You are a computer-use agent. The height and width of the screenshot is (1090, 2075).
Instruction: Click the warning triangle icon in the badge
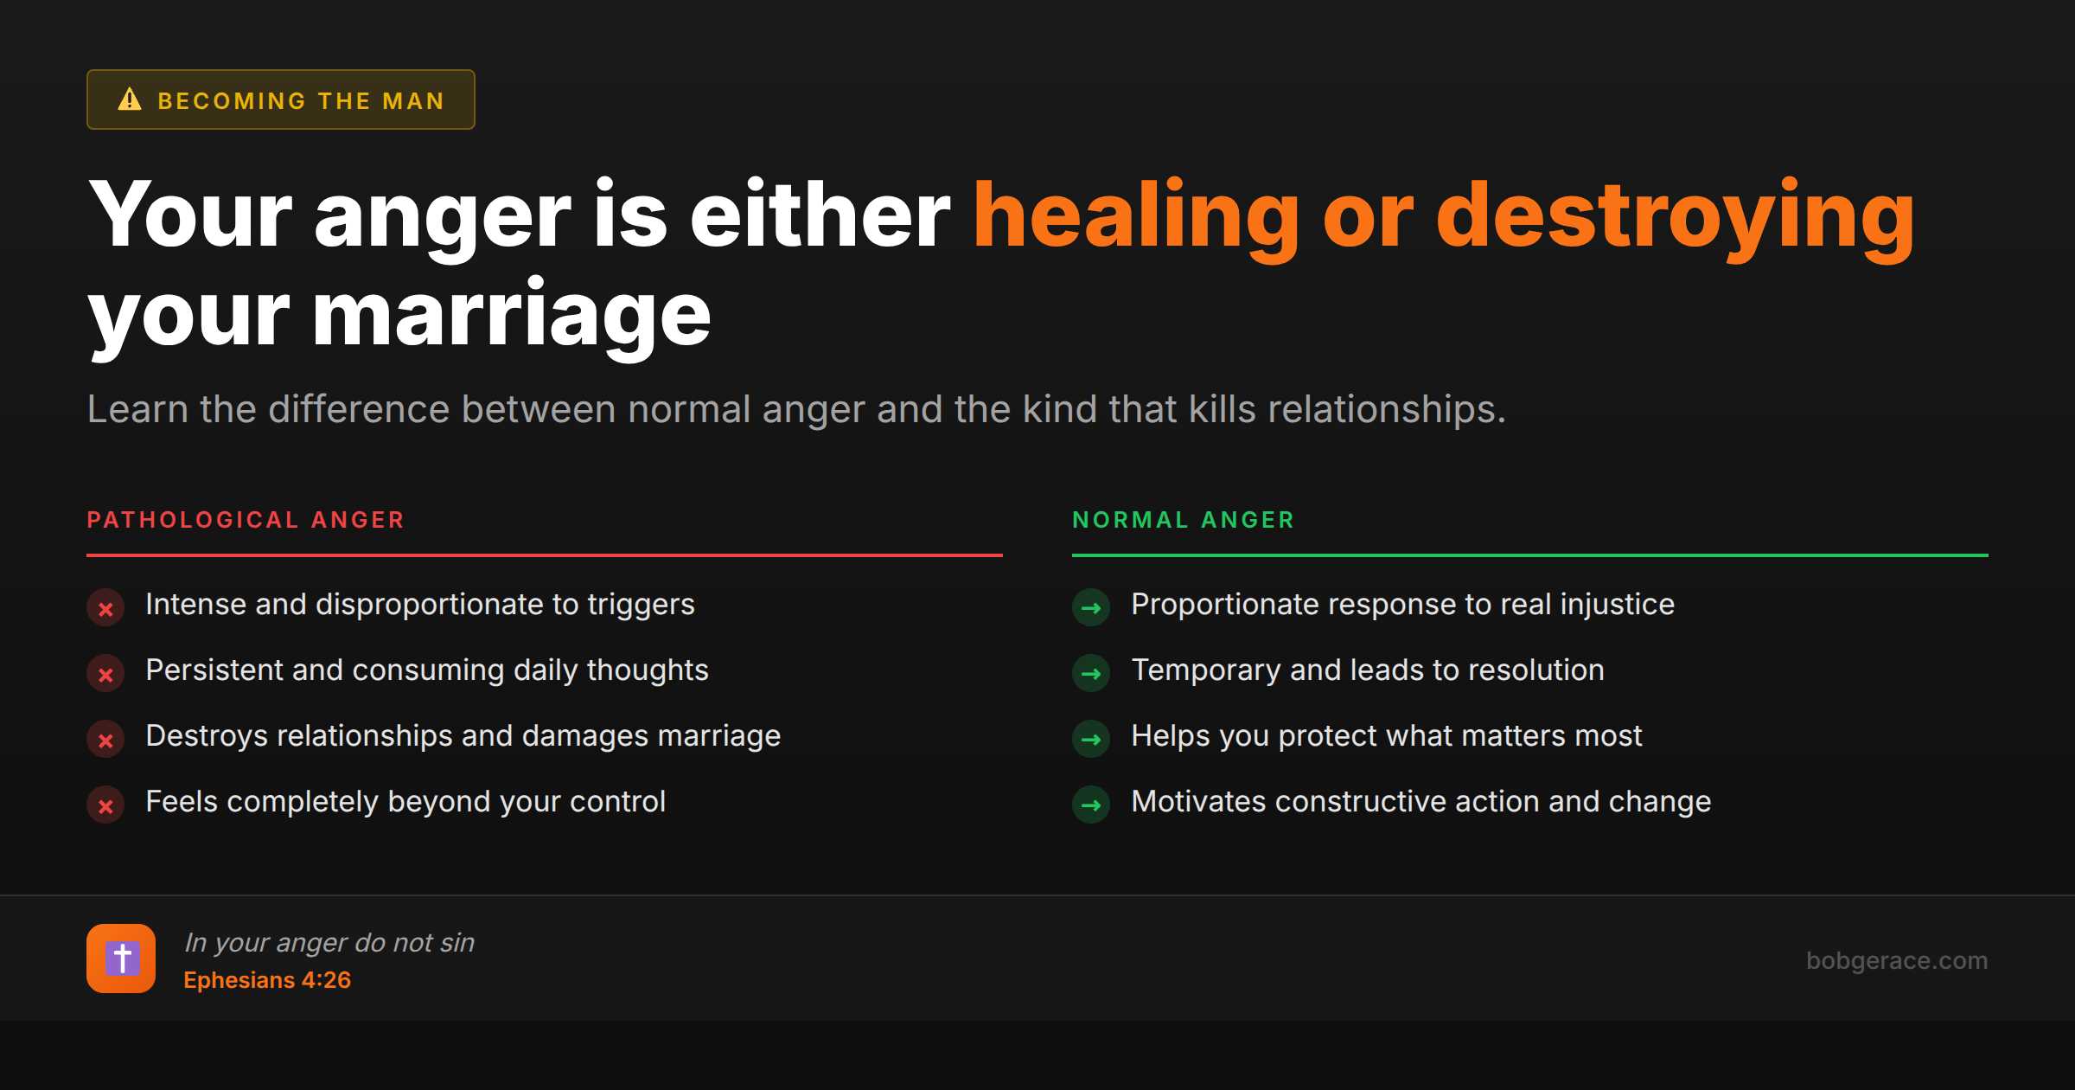click(130, 99)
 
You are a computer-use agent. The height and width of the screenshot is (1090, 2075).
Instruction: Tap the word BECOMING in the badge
click(232, 101)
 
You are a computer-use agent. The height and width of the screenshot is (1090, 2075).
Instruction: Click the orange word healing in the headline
click(1136, 215)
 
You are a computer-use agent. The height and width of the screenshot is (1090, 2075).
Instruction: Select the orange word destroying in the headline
click(1675, 215)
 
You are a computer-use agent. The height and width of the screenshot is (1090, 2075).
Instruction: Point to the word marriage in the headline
click(511, 315)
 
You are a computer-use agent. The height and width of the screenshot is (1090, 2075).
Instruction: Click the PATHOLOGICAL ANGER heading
click(246, 520)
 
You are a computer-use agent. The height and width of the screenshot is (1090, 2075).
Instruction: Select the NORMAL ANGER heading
click(1183, 520)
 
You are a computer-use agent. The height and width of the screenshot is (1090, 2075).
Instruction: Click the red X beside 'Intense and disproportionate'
click(105, 608)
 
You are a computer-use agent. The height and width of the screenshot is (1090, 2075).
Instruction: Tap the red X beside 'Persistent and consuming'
click(105, 674)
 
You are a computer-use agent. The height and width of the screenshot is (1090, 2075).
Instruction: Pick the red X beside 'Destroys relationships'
click(105, 740)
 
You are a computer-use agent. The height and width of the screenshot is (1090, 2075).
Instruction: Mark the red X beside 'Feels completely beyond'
click(105, 805)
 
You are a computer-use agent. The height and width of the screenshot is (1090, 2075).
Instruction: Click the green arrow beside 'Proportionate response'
click(1091, 608)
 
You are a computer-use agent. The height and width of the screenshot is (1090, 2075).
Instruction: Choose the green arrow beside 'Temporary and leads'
click(1091, 674)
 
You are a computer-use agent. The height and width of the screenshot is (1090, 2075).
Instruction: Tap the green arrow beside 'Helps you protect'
click(1091, 740)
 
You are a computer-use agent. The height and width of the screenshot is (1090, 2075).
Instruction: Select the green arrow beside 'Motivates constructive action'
click(1091, 805)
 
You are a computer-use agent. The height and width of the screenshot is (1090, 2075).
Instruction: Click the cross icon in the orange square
click(121, 959)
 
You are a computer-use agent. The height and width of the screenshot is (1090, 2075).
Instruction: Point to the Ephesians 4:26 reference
click(267, 980)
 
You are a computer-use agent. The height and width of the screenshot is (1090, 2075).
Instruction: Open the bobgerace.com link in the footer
click(1896, 960)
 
